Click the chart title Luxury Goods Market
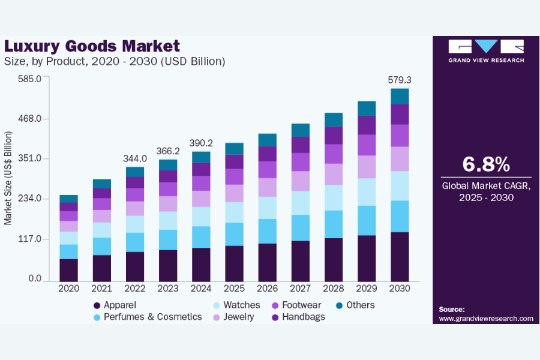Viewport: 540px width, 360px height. pos(92,46)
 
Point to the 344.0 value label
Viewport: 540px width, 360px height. pos(135,158)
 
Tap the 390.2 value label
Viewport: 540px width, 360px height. pos(200,143)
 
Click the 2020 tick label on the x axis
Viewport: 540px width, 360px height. pos(69,289)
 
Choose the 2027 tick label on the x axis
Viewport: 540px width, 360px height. pos(300,289)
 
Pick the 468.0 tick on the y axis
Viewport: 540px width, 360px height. pos(29,119)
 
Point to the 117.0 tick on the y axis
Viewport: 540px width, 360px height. pos(29,239)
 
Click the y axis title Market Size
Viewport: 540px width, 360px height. pos(8,178)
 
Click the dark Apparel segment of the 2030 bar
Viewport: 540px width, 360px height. pos(400,256)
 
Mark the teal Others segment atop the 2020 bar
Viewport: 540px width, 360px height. pos(69,199)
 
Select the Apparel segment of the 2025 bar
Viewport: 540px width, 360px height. pos(234,263)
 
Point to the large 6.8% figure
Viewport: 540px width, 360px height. pos(486,164)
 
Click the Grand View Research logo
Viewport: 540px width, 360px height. pos(486,50)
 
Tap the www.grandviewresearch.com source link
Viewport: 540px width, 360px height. pos(486,319)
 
